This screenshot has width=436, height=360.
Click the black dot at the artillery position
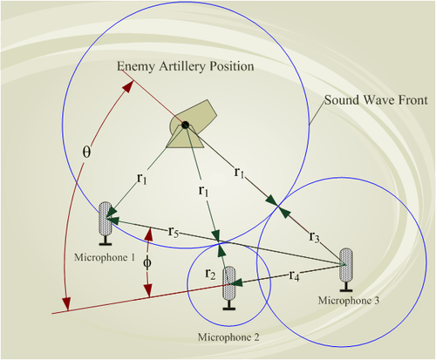pos(185,126)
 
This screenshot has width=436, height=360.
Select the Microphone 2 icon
pos(229,288)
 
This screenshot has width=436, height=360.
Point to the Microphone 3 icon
pos(346,269)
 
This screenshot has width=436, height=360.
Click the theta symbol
pos(86,152)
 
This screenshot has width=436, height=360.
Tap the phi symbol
pos(147,263)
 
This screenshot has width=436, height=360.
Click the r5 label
pos(174,232)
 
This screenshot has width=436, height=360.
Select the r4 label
pos(294,275)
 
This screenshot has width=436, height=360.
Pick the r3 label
pos(315,237)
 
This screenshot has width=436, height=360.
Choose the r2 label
pos(210,274)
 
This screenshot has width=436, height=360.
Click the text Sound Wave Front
pos(376,100)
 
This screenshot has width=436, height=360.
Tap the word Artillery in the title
pos(181,66)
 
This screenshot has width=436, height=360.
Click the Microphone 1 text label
pos(105,257)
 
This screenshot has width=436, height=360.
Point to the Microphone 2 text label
pos(228,337)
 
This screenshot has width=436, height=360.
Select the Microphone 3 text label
pos(349,301)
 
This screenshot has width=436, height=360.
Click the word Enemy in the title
pos(136,66)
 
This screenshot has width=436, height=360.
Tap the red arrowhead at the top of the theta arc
pos(129,86)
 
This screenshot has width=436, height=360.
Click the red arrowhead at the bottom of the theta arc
pos(67,304)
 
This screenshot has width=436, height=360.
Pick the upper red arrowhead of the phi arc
pos(149,235)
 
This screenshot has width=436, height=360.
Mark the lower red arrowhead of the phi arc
pos(148,290)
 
